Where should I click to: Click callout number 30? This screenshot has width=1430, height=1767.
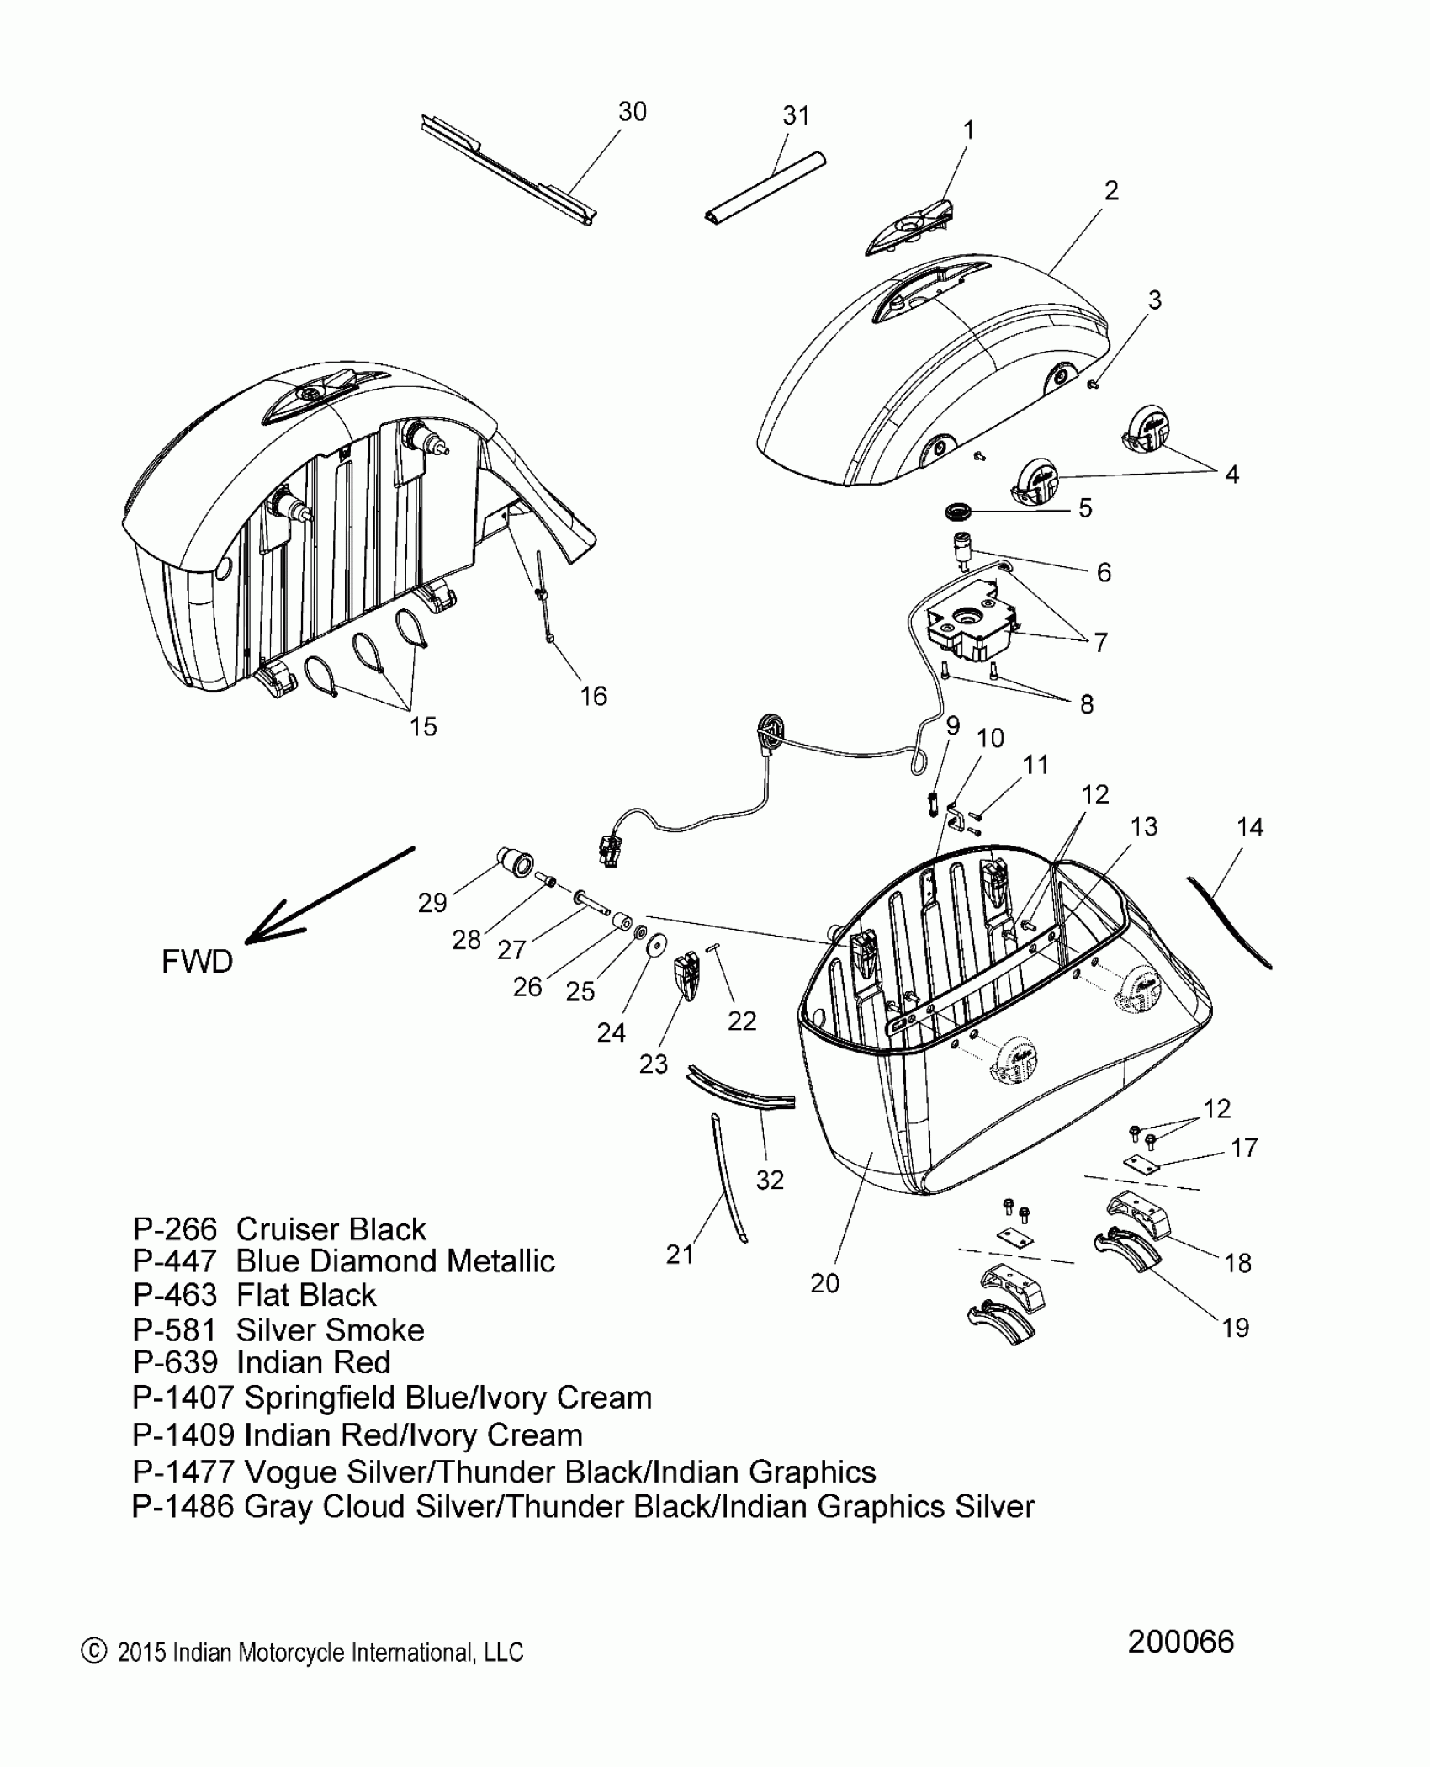(633, 112)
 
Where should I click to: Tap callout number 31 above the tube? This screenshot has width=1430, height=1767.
(796, 116)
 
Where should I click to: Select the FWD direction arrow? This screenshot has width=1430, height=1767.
(328, 897)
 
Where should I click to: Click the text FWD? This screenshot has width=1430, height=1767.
(197, 961)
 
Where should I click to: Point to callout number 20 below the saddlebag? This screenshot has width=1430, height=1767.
(824, 1283)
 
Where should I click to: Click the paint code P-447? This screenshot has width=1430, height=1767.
(175, 1261)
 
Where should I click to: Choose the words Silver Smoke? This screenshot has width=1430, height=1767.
(330, 1330)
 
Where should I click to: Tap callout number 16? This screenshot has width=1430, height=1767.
(593, 696)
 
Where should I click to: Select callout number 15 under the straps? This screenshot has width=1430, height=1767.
(423, 726)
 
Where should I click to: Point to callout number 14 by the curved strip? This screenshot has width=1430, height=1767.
(1250, 827)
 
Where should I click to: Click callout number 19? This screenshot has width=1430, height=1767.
(1235, 1328)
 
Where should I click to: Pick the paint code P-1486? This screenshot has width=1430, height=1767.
(183, 1505)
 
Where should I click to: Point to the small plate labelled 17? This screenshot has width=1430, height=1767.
(1141, 1164)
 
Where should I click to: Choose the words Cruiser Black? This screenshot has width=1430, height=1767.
(331, 1229)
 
